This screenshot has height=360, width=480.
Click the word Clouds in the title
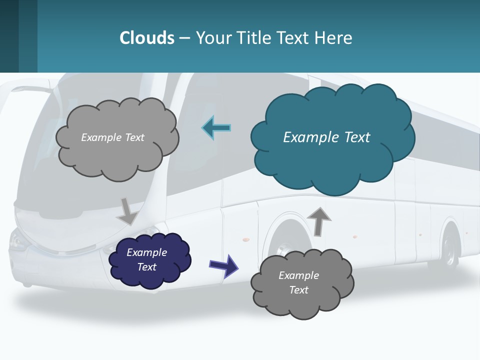point(146,37)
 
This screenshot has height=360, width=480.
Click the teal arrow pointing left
point(216,128)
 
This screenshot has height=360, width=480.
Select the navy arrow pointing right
point(223,265)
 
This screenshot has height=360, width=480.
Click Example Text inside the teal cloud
point(326,137)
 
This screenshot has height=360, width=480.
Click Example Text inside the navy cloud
point(147,259)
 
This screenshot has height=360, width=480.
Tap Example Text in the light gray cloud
point(112,137)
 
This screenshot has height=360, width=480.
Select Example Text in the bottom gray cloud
point(298,282)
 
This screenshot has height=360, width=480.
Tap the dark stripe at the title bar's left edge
point(9,36)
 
